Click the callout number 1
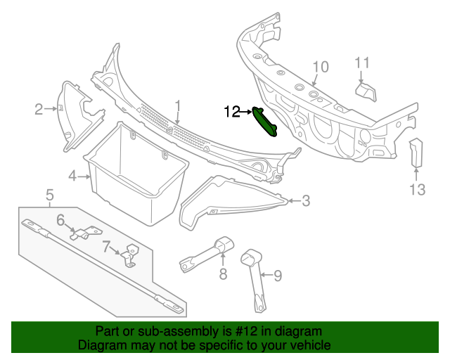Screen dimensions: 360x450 [179, 106]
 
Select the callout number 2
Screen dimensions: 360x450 [39, 108]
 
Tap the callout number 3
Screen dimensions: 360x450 [306, 200]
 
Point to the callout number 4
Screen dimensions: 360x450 [72, 176]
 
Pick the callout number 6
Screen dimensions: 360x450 [61, 221]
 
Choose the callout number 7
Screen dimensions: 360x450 [106, 247]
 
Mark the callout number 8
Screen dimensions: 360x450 [223, 274]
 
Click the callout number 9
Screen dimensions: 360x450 [277, 276]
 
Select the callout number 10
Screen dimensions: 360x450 [320, 67]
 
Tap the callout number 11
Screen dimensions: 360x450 [361, 63]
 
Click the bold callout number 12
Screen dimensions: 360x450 [232, 111]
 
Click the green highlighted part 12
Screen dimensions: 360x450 [266, 122]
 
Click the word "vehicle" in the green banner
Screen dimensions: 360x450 [309, 345]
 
